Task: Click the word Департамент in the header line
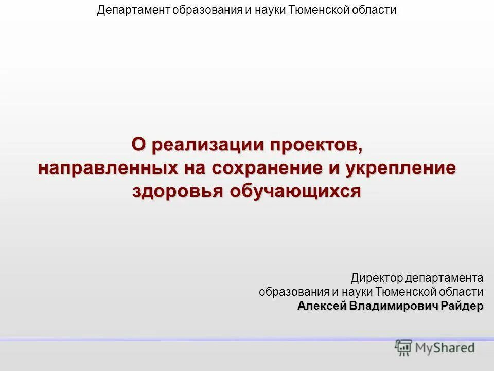(x=129, y=10)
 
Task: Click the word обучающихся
(x=295, y=191)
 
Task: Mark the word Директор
(x=377, y=278)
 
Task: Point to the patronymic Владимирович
(x=394, y=306)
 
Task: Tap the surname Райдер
(x=464, y=306)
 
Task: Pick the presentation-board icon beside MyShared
(x=403, y=348)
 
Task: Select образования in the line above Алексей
(x=287, y=292)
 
